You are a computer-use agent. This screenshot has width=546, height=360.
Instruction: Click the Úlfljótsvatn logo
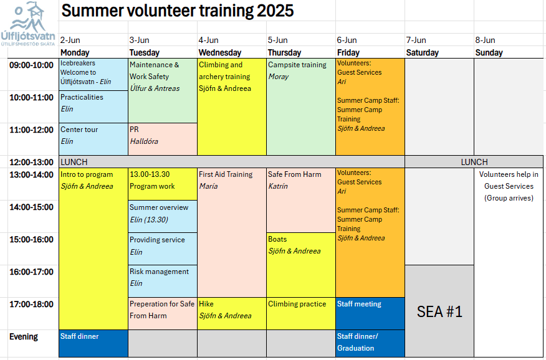pos(28,24)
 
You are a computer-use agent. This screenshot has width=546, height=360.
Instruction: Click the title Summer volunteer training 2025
pos(178,11)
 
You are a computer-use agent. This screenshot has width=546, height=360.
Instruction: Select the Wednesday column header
pos(220,52)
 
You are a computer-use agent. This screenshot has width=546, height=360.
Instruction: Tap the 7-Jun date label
pos(417,40)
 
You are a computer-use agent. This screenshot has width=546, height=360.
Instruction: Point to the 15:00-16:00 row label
pos(31,239)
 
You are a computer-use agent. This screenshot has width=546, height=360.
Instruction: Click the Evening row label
pos(23,336)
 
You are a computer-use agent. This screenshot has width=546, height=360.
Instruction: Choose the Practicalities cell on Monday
pos(93,107)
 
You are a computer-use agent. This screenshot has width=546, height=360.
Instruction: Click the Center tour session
pos(93,139)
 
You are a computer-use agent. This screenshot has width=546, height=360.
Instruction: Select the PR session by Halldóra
pos(163,139)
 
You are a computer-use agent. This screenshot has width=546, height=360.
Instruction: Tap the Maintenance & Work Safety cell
pos(163,90)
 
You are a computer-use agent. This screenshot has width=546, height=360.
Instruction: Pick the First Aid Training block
pos(232,233)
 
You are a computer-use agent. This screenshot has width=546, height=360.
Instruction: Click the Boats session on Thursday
pos(301,265)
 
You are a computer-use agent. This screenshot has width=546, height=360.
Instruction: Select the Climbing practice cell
pos(301,313)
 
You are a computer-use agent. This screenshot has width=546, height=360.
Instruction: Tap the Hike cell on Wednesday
pos(232,313)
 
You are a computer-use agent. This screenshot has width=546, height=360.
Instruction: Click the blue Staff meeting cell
pos(370,313)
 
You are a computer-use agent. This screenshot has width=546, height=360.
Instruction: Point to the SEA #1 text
pos(439,311)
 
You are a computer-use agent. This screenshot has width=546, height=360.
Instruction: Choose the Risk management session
pos(163,281)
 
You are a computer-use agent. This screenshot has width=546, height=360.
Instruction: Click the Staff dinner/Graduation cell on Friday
pos(370,343)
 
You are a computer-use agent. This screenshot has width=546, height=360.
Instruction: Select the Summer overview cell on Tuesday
pos(163,216)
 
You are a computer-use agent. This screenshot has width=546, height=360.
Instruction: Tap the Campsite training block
pos(301,107)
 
